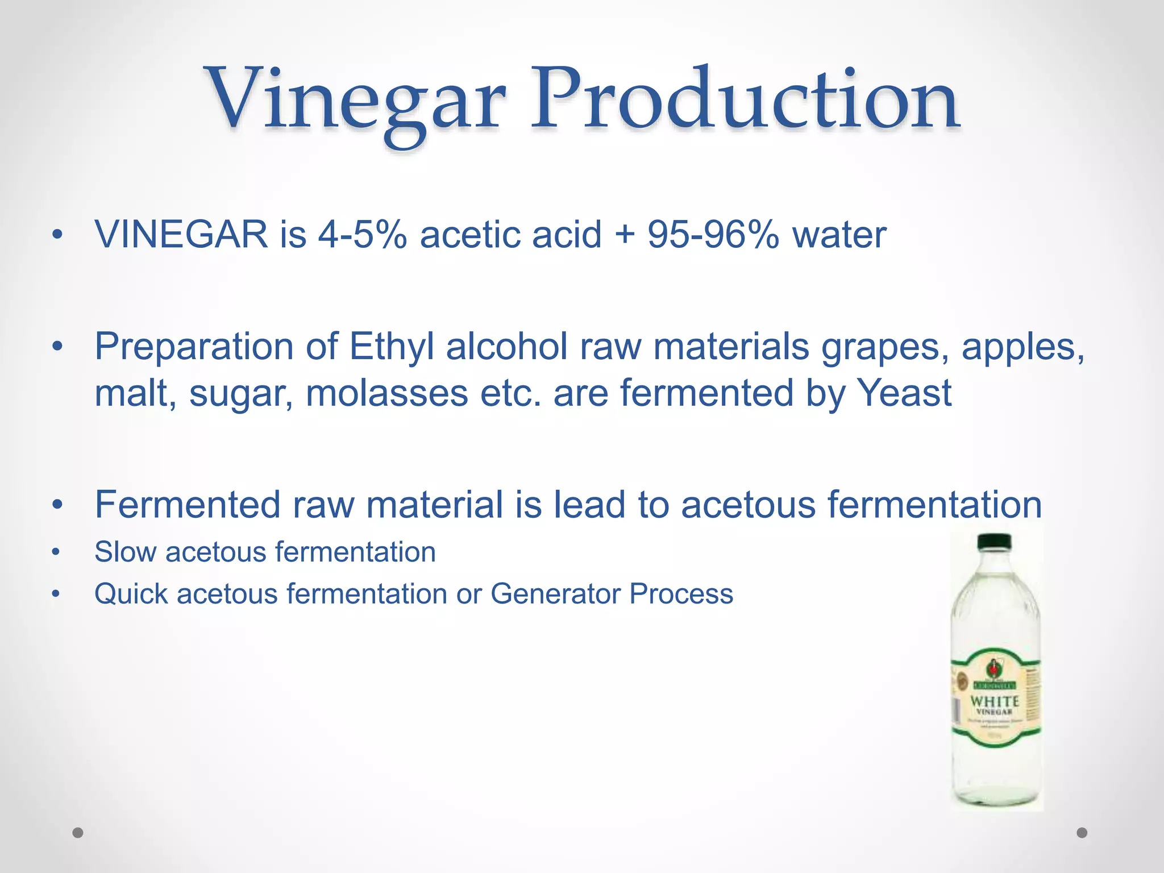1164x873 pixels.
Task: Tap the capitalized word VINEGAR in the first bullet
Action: click(x=181, y=234)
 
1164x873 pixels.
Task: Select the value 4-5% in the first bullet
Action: click(x=362, y=234)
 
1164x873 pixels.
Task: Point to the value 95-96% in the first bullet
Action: click(x=713, y=234)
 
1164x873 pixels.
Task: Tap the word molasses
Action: click(x=386, y=393)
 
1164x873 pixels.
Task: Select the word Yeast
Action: click(x=904, y=393)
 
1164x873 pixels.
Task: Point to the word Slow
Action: click(x=124, y=552)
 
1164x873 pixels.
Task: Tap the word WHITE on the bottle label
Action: click(x=994, y=701)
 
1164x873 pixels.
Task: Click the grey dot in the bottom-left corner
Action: click(x=78, y=833)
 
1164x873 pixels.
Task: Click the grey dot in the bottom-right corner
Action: click(x=1082, y=833)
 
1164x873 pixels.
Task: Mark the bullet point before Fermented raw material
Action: click(x=56, y=505)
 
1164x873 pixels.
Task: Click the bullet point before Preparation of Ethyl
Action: click(x=56, y=346)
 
